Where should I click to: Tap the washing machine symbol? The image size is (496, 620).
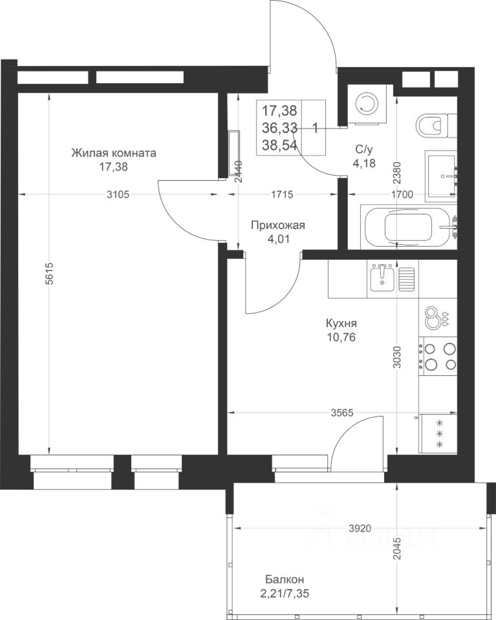click(x=365, y=103)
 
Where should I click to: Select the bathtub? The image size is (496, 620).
click(x=409, y=227)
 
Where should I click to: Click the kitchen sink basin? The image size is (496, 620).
click(x=382, y=278)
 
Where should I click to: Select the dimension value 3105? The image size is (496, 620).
click(x=118, y=194)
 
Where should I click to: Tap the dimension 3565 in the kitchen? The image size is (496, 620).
click(x=342, y=413)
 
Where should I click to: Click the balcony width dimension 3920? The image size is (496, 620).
click(x=360, y=528)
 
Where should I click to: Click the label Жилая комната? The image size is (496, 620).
click(x=114, y=153)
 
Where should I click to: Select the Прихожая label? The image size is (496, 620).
click(x=278, y=225)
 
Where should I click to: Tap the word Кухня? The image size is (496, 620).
click(x=341, y=324)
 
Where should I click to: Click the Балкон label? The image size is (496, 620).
click(x=285, y=568)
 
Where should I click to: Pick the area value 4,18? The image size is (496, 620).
click(x=364, y=163)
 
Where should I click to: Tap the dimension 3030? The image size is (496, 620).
click(x=398, y=357)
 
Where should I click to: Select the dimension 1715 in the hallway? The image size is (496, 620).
click(x=282, y=194)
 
